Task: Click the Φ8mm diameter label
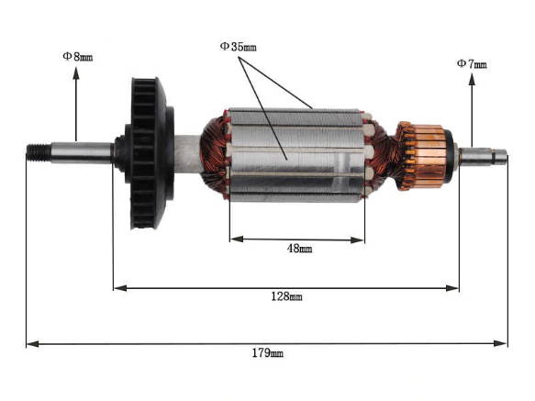[77, 56]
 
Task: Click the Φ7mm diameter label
[472, 63]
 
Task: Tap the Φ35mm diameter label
[240, 45]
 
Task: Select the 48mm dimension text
[297, 249]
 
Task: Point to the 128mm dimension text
[286, 296]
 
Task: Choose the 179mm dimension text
[269, 352]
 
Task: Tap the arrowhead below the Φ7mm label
[472, 80]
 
